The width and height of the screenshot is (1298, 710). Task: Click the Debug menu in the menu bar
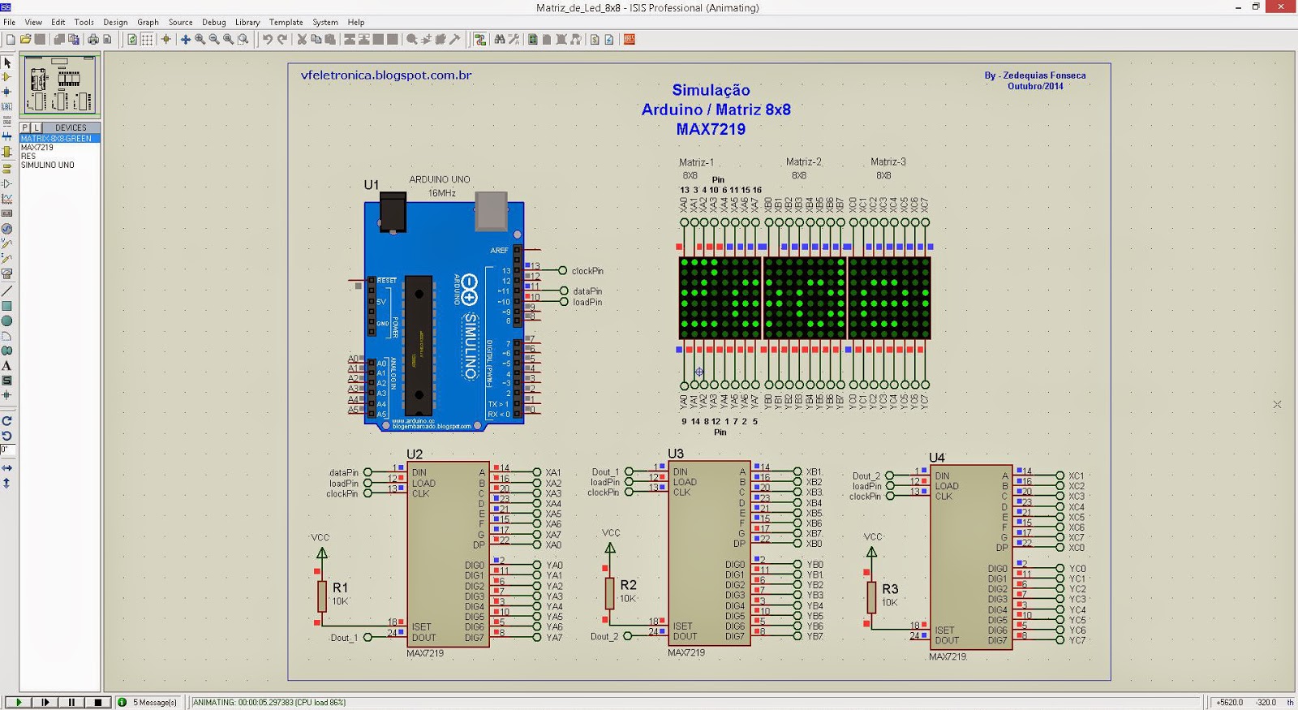coord(213,22)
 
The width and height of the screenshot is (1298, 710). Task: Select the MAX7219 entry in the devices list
coord(37,148)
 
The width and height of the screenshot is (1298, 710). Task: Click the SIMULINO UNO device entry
coord(47,165)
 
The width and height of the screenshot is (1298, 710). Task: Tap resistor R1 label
coord(340,587)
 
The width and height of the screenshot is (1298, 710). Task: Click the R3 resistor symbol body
coord(871,597)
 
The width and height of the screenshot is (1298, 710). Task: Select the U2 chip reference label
coord(415,454)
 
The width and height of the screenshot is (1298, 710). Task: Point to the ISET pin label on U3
coord(683,626)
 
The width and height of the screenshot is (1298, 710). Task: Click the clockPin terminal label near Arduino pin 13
coord(587,271)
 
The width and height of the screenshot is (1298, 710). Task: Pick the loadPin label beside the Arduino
coord(587,303)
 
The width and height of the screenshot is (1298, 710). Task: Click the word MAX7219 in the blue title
coord(711,129)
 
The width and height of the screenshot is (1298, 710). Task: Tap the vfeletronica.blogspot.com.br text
coord(386,75)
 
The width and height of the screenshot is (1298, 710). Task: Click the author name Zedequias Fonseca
coord(1044,75)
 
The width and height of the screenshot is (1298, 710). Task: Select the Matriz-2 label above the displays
coord(804,162)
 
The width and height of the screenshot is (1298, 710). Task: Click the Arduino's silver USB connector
coord(490,210)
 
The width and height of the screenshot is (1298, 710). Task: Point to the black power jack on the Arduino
coord(393,213)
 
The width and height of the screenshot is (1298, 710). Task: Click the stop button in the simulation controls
coord(98,702)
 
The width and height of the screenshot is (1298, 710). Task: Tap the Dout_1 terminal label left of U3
coord(605,472)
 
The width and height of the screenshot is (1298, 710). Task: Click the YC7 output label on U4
coord(1077,640)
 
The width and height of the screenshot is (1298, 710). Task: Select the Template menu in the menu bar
coord(286,22)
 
